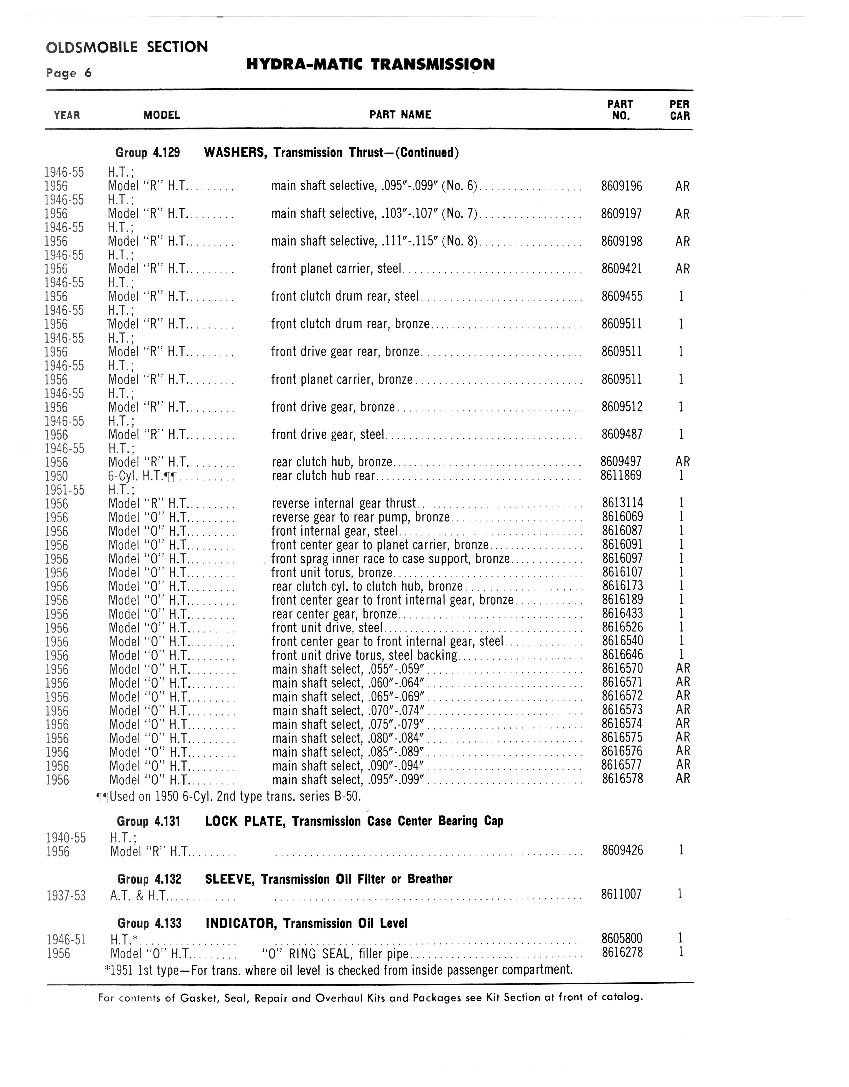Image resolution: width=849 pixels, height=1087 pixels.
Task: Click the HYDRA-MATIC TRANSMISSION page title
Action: (370, 64)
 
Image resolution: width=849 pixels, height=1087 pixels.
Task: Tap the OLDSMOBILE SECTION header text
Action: (127, 47)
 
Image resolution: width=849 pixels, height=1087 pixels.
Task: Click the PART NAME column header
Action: (400, 115)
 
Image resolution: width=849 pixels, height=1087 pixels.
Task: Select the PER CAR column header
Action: (680, 110)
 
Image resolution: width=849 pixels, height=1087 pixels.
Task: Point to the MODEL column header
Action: (161, 115)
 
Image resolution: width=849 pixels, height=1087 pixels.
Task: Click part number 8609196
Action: (622, 187)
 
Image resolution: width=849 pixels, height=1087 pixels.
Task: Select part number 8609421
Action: (622, 269)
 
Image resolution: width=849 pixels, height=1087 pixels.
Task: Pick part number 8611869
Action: (621, 476)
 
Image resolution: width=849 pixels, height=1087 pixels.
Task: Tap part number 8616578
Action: (622, 778)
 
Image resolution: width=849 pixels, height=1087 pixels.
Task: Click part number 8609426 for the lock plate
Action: (622, 850)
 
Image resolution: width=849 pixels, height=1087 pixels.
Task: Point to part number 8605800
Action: (622, 939)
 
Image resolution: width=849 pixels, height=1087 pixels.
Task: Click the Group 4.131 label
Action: (148, 821)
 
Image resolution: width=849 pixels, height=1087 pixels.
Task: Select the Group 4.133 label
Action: (149, 924)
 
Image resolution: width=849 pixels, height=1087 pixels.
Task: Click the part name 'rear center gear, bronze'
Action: (334, 614)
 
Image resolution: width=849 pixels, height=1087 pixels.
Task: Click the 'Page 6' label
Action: (69, 74)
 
